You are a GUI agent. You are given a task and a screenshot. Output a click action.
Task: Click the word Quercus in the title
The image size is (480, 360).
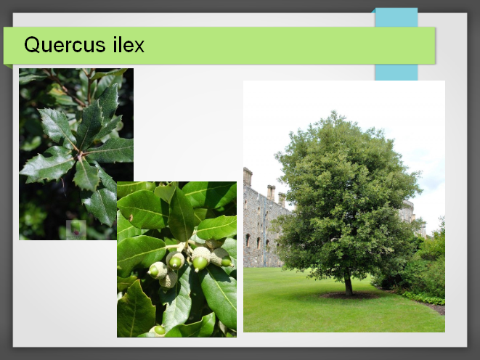pos(65,45)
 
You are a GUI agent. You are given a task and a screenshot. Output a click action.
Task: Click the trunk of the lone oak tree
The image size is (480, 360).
pos(348,285)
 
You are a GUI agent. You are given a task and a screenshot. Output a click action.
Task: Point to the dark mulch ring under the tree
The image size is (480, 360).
pos(349,295)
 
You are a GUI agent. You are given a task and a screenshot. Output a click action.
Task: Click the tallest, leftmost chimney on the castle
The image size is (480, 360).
pos(248,176)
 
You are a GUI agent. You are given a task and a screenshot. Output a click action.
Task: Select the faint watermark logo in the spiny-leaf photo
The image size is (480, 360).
pos(76,229)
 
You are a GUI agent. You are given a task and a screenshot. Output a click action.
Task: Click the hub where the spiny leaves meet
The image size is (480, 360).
pos(80,155)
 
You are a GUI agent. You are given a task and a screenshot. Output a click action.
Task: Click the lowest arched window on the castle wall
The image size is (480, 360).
pos(248,240)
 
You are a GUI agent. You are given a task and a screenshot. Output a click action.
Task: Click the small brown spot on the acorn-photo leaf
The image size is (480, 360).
pos(131,218)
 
